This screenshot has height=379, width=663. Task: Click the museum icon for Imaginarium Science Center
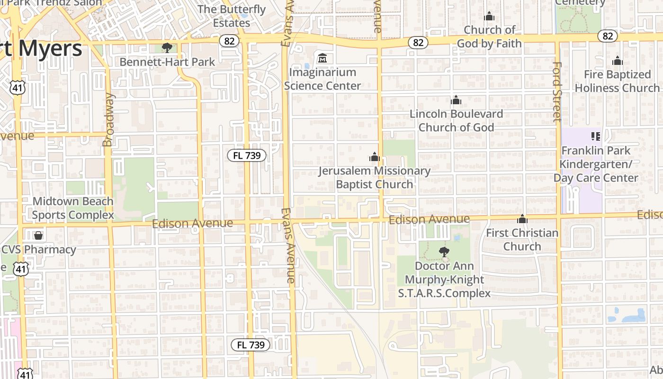pos(323,58)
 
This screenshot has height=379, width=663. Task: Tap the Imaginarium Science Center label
pos(323,79)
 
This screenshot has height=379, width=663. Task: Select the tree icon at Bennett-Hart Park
pos(167,47)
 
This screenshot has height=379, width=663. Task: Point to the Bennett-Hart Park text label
pos(167,62)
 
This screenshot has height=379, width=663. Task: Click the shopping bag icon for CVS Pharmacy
pos(38,235)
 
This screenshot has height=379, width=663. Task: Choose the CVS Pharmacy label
pos(38,250)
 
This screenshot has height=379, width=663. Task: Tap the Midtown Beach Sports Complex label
pos(73,208)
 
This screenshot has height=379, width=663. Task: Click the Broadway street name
pos(108,119)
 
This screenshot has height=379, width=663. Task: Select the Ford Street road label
pos(557,91)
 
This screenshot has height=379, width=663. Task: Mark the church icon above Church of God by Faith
pos(489,17)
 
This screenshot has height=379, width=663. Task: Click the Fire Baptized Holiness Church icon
pos(617,61)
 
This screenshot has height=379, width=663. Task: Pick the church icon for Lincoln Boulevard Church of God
pos(456,100)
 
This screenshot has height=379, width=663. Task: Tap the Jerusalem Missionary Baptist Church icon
pos(375,157)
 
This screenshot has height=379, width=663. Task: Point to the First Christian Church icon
pos(522,219)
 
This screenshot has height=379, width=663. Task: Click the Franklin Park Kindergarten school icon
pos(596,137)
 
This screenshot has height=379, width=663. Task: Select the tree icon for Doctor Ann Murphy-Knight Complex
pos(444,252)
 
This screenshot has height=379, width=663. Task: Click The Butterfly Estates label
pos(232,16)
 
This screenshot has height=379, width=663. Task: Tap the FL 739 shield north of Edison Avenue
pos(247,155)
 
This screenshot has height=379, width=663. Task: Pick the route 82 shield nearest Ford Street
pos(608,36)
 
